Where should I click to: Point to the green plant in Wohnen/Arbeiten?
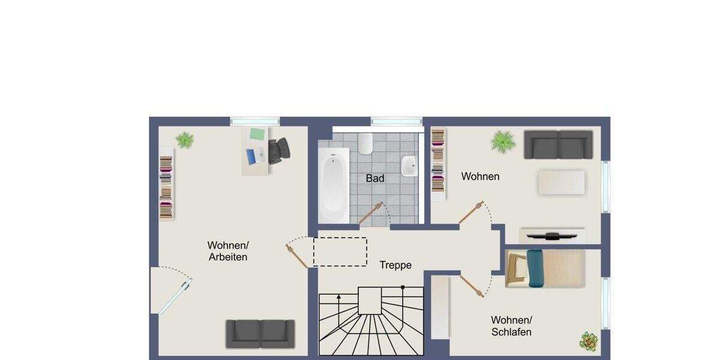coord(185,140)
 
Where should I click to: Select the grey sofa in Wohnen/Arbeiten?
coord(260,333)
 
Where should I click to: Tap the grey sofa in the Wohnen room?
coord(559,145)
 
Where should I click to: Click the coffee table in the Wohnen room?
coord(562,182)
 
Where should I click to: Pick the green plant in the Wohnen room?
coord(503,142)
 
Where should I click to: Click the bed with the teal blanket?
coord(545,268)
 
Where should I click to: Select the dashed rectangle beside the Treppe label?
coord(340,251)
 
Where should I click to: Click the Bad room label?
coord(375,178)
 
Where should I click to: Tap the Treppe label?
coord(395,265)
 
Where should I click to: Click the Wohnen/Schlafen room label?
coord(511,326)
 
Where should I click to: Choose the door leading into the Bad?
coord(371,213)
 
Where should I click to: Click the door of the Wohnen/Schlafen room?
coord(472,286)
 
